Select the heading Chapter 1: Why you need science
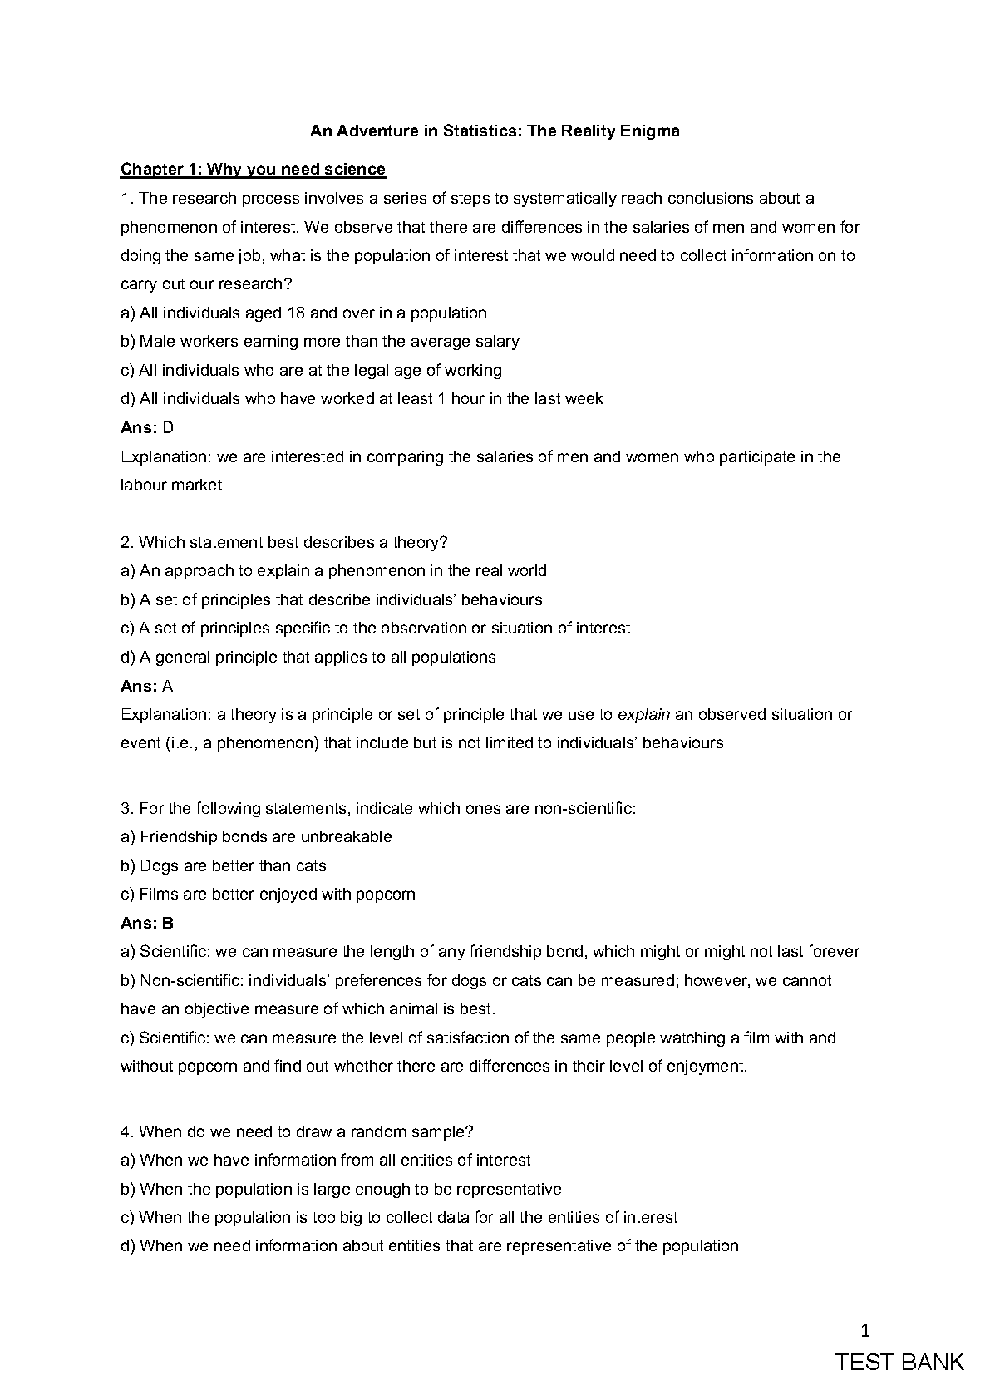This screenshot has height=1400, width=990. pos(253,170)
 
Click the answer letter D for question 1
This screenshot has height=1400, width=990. pos(168,428)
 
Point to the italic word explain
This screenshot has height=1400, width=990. pos(644,715)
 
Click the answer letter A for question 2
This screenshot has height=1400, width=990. pos(168,687)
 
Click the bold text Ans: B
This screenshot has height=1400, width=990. pos(147,924)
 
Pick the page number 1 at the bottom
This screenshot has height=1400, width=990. pos(865,1332)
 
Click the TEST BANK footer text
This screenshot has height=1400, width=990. pos(899,1363)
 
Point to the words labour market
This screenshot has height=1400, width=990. pos(171,486)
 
